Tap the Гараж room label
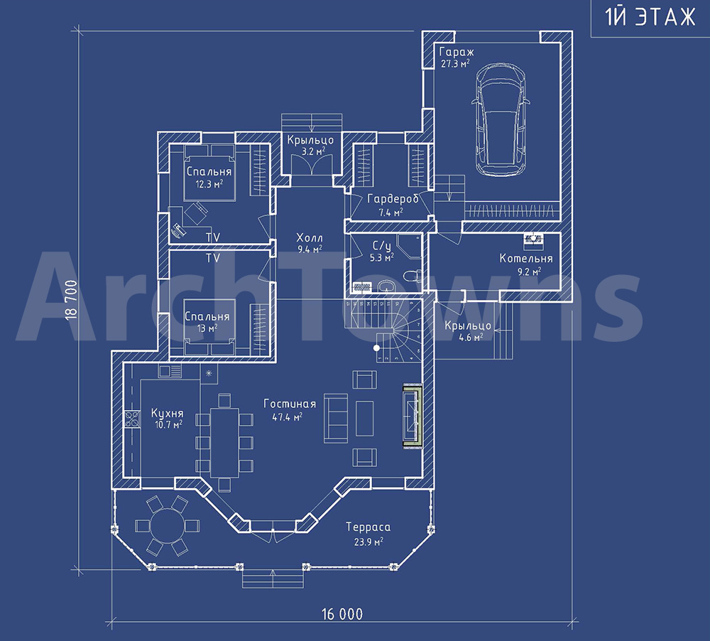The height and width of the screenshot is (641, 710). click(x=457, y=52)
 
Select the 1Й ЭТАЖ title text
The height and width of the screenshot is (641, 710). click(x=650, y=17)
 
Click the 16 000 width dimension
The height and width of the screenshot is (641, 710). click(x=342, y=614)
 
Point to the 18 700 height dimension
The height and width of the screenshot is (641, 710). click(x=72, y=300)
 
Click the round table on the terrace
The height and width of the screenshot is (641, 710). click(x=167, y=526)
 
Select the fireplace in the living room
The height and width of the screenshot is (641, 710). click(x=413, y=416)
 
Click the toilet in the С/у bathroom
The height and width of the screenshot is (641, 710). click(x=413, y=276)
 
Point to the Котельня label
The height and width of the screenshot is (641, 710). click(x=525, y=259)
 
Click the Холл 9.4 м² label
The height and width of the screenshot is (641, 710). click(x=310, y=243)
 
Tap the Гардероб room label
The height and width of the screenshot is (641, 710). click(x=392, y=198)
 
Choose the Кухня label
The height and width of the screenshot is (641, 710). click(x=167, y=414)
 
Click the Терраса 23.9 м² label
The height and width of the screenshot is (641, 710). click(x=368, y=534)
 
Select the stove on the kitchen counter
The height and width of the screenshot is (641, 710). click(x=133, y=419)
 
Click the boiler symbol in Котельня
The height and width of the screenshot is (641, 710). click(x=534, y=241)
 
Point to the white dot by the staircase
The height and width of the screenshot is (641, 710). click(x=376, y=348)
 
